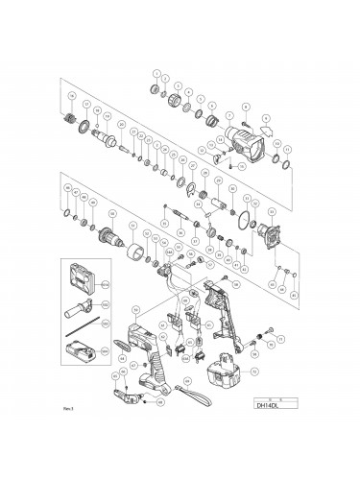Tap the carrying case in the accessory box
click(x=81, y=278)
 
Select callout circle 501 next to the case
click(x=107, y=285)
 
